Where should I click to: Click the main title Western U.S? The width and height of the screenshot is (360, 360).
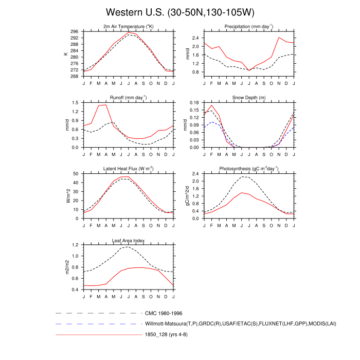pos(180,12)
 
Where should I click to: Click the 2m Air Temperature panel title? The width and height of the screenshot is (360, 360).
pos(129,27)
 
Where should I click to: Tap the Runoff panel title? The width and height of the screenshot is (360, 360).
pos(129,97)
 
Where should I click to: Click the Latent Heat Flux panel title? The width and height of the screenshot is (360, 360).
pos(129,169)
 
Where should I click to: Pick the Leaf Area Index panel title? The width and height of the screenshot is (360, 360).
pos(129,240)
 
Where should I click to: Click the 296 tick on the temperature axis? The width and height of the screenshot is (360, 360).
pos(74,31)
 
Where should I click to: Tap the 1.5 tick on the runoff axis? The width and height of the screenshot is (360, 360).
pos(75,103)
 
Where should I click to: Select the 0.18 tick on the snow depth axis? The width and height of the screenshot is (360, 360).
pos(194,103)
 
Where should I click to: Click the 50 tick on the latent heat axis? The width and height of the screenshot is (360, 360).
pos(76,174)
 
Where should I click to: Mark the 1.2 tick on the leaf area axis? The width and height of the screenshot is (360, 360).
pos(75,245)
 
